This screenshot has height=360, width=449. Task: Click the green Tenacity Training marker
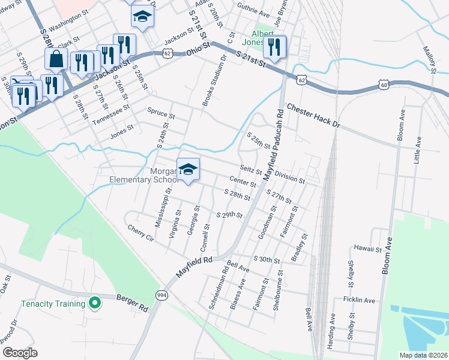click(x=94, y=303)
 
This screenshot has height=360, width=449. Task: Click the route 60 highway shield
click(x=384, y=85)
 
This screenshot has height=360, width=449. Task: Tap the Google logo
click(x=20, y=353)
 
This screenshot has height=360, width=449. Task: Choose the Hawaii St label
click(x=368, y=248)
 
